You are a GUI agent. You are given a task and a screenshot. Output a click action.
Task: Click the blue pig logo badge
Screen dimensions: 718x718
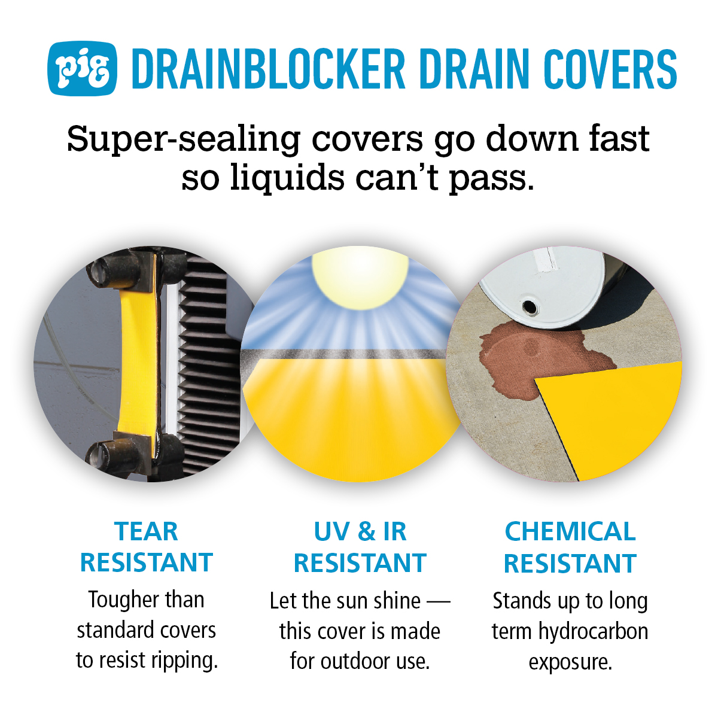click(x=83, y=68)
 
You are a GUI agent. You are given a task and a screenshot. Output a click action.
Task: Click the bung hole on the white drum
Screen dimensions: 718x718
click(x=530, y=307)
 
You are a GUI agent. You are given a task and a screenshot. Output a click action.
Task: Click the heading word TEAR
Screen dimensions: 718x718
click(x=147, y=531)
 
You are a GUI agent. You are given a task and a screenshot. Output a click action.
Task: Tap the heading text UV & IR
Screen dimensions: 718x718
click(x=360, y=531)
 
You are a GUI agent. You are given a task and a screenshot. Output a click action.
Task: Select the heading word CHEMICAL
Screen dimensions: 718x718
click(x=570, y=531)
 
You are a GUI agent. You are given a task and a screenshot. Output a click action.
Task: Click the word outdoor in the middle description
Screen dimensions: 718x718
click(x=357, y=661)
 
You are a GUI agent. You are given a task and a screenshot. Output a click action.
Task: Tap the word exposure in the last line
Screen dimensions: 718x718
click(x=570, y=662)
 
